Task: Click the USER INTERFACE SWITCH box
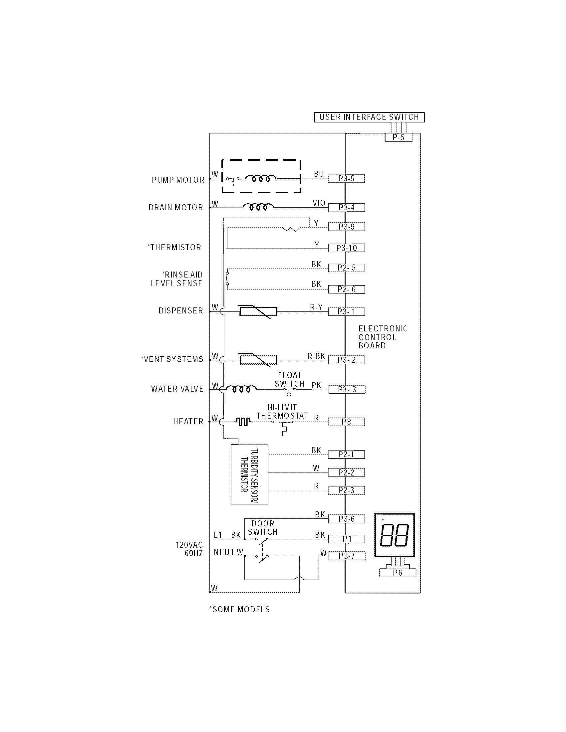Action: click(369, 117)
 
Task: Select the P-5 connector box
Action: click(398, 137)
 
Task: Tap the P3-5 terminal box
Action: click(346, 179)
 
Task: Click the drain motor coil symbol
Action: click(258, 207)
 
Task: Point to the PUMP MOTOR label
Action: click(178, 180)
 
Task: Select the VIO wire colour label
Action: click(319, 203)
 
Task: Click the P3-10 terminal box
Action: click(346, 248)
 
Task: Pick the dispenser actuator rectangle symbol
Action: click(258, 312)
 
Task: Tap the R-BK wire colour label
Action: click(316, 356)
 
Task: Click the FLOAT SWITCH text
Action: click(289, 379)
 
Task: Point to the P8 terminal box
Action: click(346, 422)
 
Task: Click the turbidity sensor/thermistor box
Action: click(249, 474)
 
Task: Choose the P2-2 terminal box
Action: click(346, 472)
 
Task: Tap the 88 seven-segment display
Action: click(394, 535)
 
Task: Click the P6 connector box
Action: click(398, 573)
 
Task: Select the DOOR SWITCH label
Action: click(263, 528)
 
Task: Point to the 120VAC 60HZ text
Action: click(189, 549)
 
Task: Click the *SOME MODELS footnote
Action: click(239, 609)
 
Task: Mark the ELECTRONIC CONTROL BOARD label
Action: click(383, 337)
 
